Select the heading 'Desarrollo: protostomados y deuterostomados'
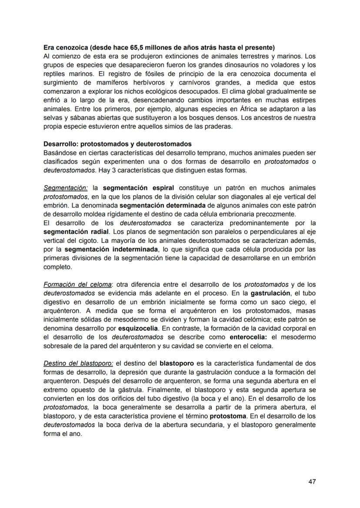[117, 144]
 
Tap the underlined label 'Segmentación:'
[66, 188]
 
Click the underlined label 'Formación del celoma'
[77, 285]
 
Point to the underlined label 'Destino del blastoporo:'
[78, 363]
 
